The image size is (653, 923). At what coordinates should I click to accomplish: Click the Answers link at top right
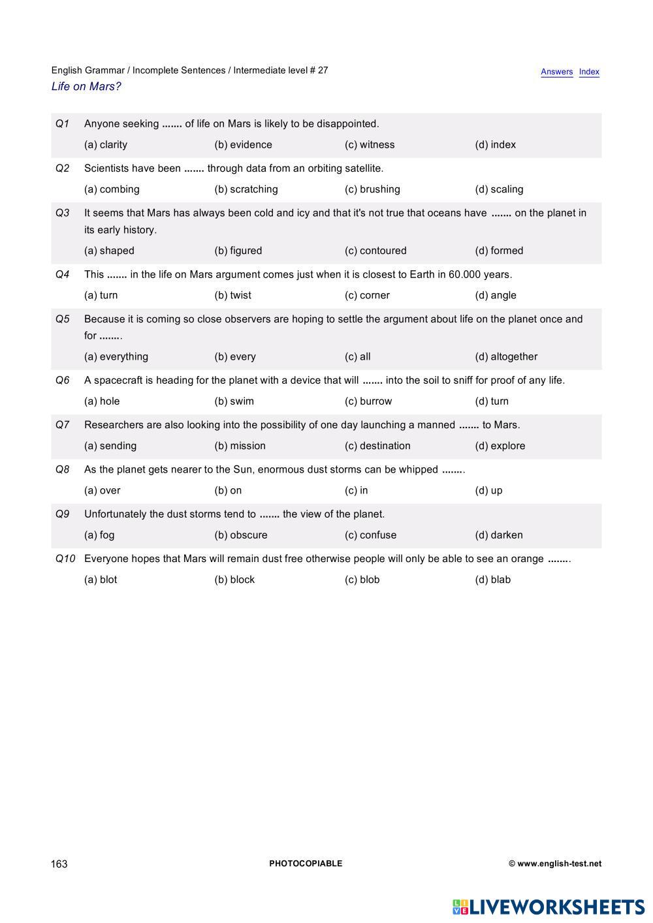556,72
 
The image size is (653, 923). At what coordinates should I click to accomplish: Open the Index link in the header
589,72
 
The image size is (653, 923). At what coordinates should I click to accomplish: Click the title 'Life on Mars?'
86,87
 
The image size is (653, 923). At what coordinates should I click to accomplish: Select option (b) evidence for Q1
243,145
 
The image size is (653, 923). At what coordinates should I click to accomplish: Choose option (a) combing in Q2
112,189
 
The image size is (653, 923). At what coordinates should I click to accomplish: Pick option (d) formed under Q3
499,251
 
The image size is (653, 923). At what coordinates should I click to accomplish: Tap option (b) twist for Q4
232,295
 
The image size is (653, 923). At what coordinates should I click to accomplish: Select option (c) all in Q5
357,356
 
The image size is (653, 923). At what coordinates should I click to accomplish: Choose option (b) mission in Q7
240,446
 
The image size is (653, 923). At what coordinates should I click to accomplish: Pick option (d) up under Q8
488,490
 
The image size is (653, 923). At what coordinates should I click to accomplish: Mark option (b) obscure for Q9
241,535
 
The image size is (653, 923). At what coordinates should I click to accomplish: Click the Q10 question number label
65,559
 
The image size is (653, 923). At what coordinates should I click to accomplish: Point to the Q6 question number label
63,381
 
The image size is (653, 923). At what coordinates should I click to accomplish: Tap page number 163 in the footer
59,864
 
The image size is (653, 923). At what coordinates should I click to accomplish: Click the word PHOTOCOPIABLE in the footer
306,864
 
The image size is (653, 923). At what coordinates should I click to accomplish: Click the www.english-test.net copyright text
555,864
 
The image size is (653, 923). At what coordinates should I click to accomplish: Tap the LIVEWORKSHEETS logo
549,907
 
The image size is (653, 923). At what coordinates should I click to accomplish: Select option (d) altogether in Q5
506,356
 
